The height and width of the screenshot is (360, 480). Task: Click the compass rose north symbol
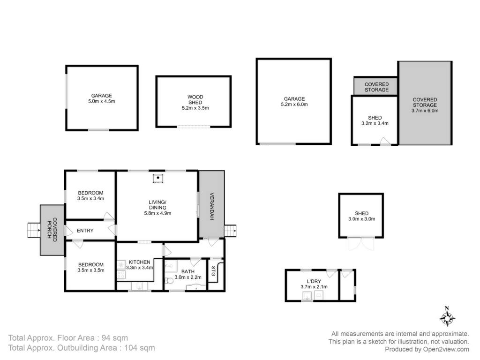pyautogui.click(x=447, y=317)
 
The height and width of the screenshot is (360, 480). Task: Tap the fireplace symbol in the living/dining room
pyautogui.click(x=158, y=178)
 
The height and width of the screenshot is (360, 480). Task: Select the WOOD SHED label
pyautogui.click(x=195, y=99)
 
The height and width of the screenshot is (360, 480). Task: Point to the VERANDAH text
pyautogui.click(x=211, y=206)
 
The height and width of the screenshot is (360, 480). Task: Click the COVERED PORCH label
pyautogui.click(x=52, y=230)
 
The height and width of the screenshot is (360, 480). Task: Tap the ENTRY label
pyautogui.click(x=85, y=231)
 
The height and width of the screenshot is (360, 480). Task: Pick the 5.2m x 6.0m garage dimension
pyautogui.click(x=294, y=105)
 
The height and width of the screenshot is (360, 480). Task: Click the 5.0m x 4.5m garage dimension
pyautogui.click(x=102, y=101)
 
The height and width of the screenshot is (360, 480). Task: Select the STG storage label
pyautogui.click(x=213, y=271)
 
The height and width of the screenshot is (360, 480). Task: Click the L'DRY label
pyautogui.click(x=314, y=281)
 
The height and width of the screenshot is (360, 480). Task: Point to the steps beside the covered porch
pyautogui.click(x=34, y=230)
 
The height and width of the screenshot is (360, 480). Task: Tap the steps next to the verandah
pyautogui.click(x=231, y=231)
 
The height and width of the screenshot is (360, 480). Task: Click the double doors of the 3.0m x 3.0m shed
pyautogui.click(x=361, y=244)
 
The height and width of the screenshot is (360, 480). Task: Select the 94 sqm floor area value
pyautogui.click(x=115, y=338)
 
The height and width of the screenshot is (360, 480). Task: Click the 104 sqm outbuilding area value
pyautogui.click(x=140, y=348)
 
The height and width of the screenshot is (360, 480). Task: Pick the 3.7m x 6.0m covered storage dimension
pyautogui.click(x=425, y=111)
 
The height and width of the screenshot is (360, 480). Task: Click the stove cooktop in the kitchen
pyautogui.click(x=121, y=275)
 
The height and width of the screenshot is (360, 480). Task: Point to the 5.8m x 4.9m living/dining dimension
pyautogui.click(x=157, y=213)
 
